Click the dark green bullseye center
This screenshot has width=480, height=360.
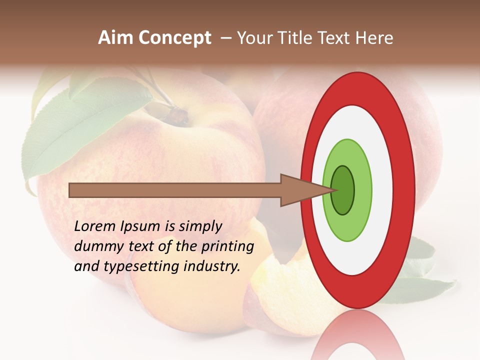(342, 190)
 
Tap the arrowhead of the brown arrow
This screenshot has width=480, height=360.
(300, 190)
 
